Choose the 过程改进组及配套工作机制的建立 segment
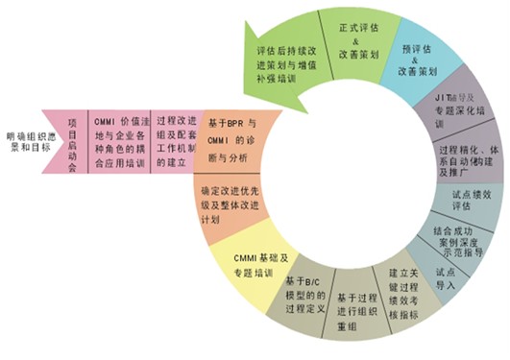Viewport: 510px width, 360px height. pos(179,135)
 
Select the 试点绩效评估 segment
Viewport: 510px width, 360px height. pos(470,199)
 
